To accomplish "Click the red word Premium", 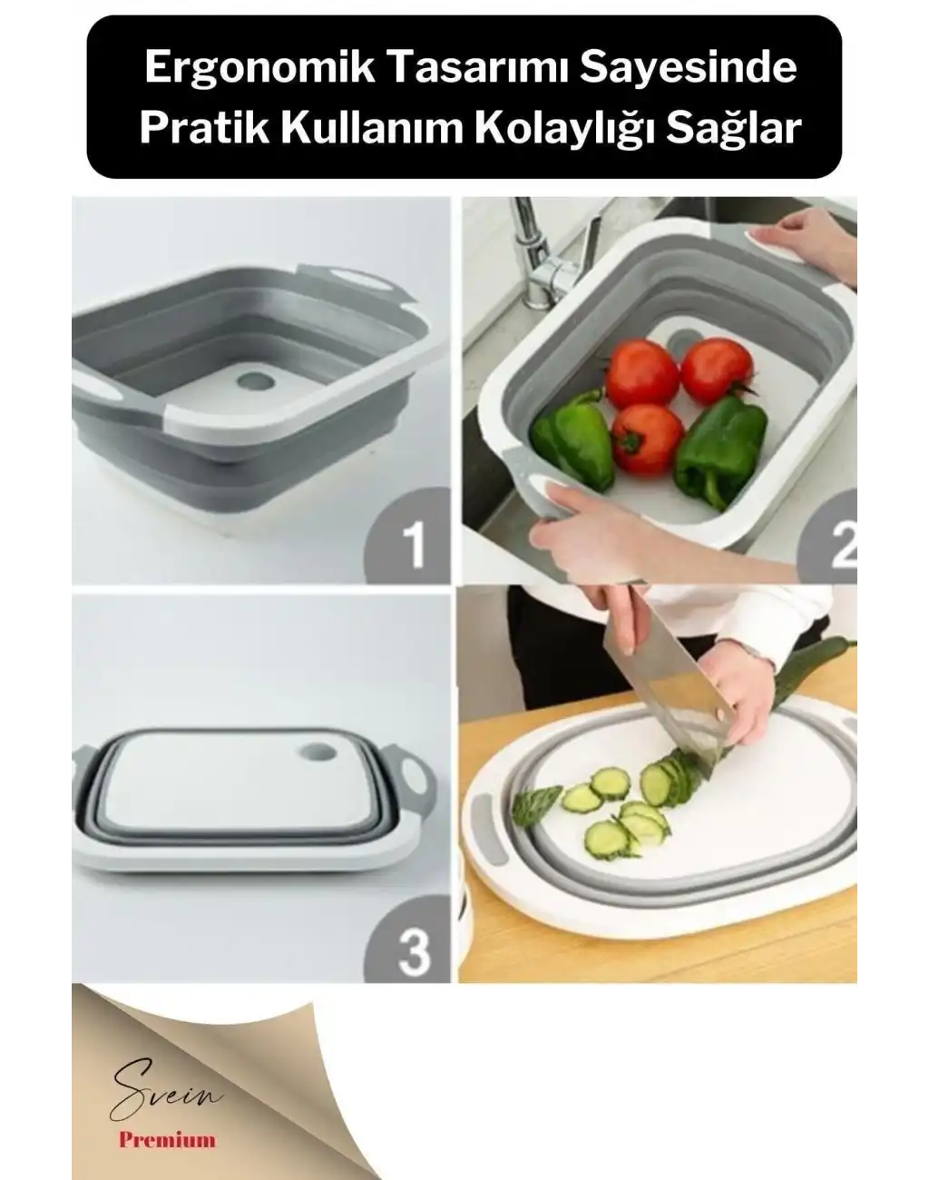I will pyautogui.click(x=167, y=1139).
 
